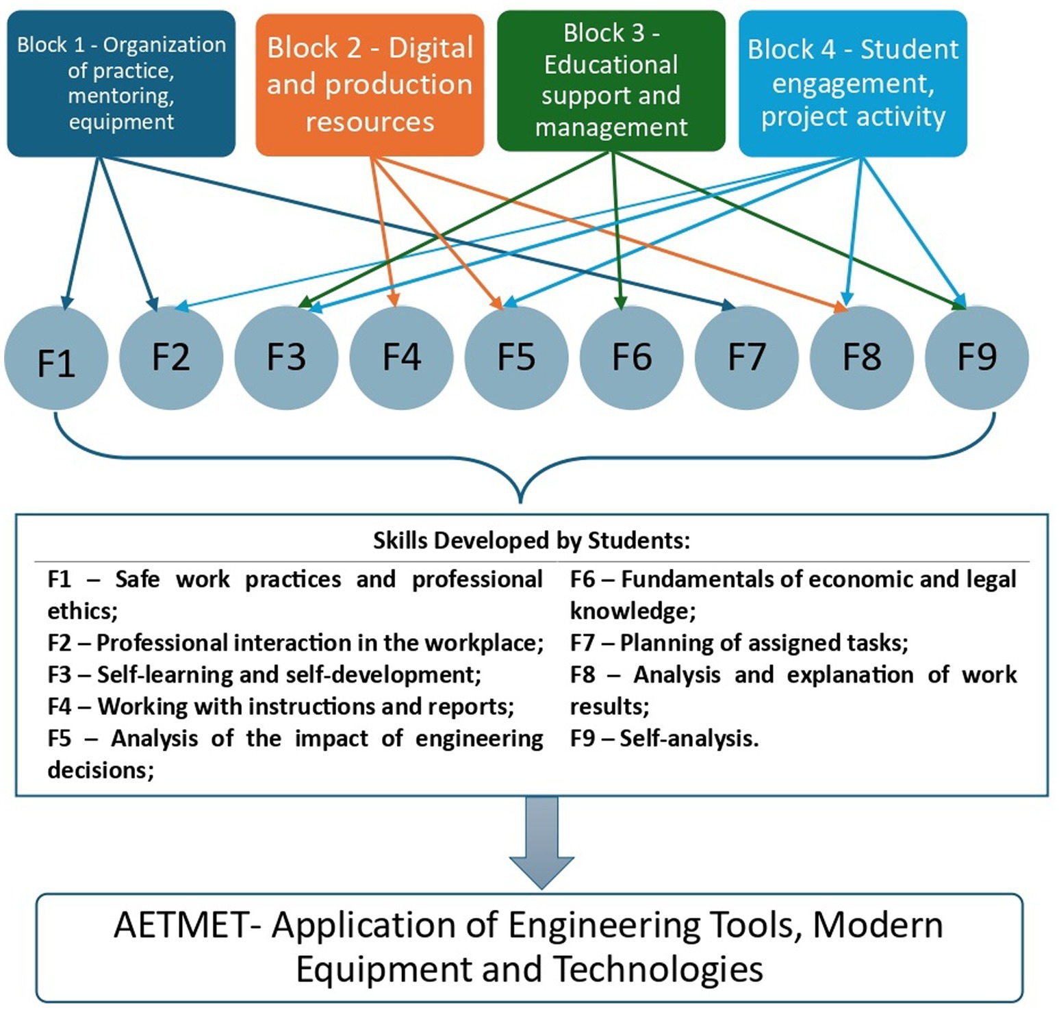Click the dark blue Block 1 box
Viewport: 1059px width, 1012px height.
(x=121, y=83)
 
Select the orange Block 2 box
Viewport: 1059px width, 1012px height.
(x=370, y=84)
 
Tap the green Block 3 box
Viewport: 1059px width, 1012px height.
(x=611, y=80)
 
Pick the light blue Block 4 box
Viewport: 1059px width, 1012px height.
(x=852, y=83)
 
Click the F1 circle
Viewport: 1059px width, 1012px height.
(x=56, y=358)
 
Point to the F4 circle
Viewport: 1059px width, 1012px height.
(x=401, y=357)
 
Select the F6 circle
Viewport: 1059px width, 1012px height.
(x=631, y=357)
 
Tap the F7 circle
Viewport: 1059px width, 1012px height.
(x=746, y=357)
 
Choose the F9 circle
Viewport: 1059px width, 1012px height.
(x=976, y=357)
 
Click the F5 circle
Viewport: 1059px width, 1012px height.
(x=516, y=357)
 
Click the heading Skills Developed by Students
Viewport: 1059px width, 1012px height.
(x=531, y=541)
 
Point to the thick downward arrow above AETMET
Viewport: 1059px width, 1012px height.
(x=541, y=842)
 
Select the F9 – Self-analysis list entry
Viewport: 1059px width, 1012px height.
(x=664, y=738)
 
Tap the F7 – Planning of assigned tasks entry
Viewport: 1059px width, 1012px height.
(x=739, y=643)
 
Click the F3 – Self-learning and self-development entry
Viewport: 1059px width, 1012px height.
(x=264, y=674)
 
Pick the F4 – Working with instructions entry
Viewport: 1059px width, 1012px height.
(x=281, y=706)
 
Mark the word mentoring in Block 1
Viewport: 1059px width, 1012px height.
(x=121, y=96)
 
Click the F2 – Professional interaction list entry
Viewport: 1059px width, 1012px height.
(x=295, y=643)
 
